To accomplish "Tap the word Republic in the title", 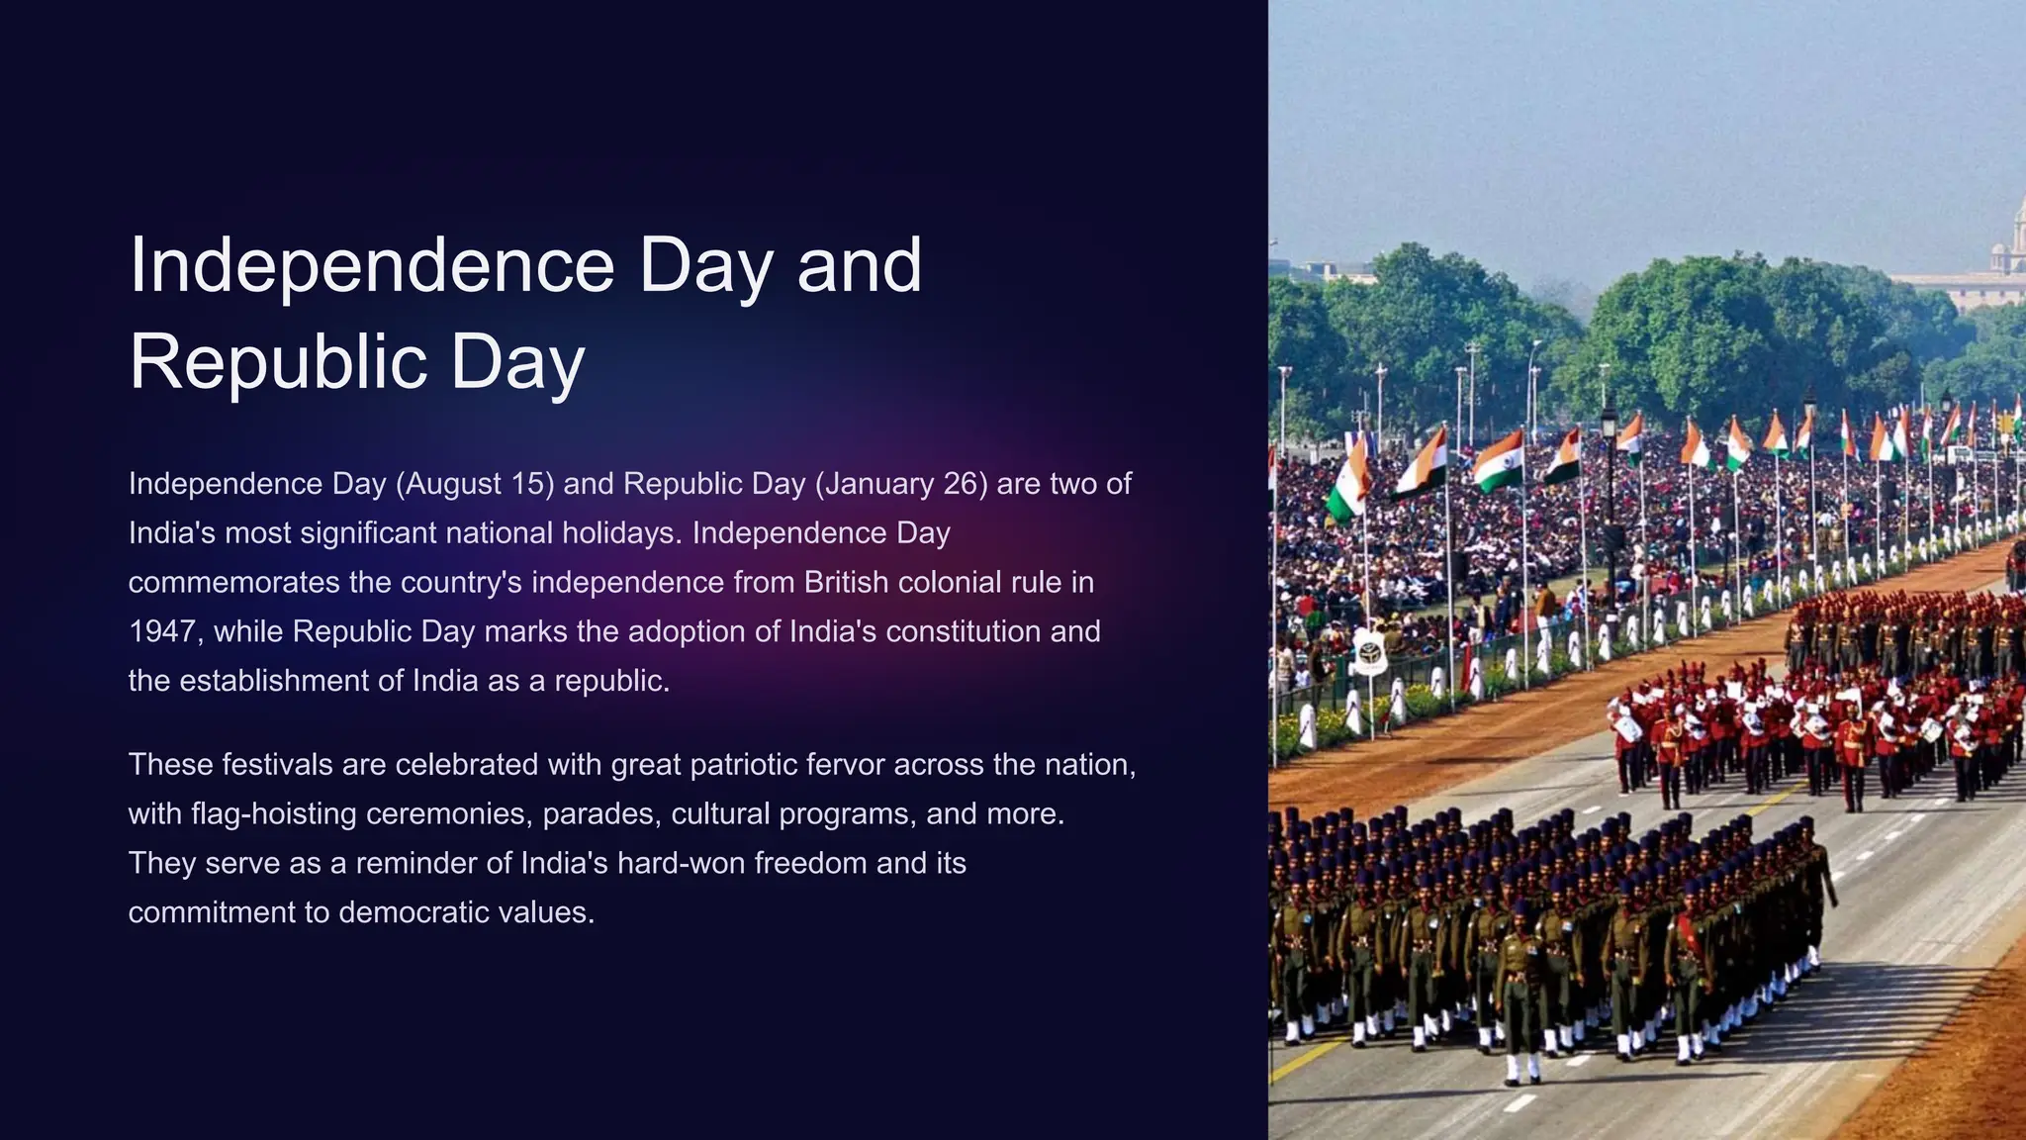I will coord(278,362).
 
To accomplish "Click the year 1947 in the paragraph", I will coord(162,631).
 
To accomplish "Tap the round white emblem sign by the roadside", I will coord(1370,651).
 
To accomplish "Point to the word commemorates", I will coord(233,582).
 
